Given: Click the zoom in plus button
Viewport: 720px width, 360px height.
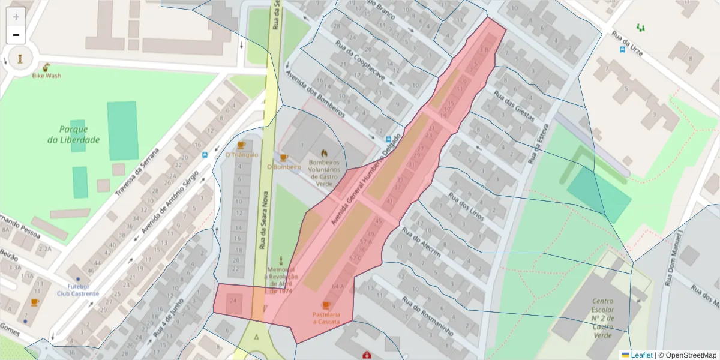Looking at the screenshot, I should (16, 16).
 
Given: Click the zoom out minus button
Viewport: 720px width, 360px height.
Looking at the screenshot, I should (16, 35).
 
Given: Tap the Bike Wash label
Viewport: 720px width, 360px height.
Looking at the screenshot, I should (46, 76).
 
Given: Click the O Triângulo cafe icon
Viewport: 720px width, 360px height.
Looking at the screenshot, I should (241, 145).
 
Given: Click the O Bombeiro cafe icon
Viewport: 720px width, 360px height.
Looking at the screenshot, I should (283, 158).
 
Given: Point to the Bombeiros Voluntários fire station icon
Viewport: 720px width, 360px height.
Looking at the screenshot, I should (325, 153).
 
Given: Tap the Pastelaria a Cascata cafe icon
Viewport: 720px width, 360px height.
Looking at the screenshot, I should (326, 305).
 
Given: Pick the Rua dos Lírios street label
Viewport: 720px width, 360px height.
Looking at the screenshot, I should (466, 206).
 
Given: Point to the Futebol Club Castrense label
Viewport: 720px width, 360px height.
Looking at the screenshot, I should (78, 290).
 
